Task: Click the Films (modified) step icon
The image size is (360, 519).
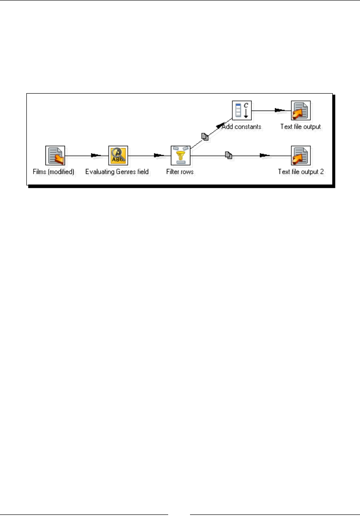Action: point(55,155)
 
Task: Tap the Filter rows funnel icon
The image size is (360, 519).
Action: point(180,155)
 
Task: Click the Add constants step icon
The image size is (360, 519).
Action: point(241,110)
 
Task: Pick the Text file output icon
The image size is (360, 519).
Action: point(301,110)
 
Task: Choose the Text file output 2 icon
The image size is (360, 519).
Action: point(301,155)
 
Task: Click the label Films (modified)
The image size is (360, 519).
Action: point(54,172)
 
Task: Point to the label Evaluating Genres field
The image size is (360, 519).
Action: point(117,172)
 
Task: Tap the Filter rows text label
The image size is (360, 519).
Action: point(180,172)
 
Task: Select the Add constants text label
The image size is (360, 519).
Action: point(241,127)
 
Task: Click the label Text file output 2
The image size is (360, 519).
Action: point(301,172)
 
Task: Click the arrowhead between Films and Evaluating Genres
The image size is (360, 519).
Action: point(95,155)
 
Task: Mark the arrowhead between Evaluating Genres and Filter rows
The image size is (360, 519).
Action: point(159,155)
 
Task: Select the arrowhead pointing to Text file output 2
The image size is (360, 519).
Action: point(265,155)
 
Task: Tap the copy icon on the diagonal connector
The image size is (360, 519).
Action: point(205,136)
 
